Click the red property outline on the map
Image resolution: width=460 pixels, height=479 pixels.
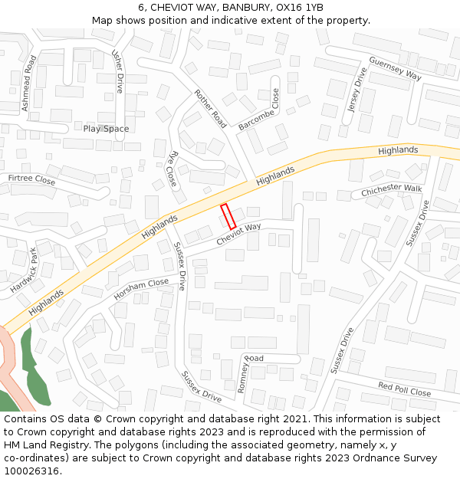228,217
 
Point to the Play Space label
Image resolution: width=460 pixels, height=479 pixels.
106,129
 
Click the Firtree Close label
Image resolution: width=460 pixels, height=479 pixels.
31,179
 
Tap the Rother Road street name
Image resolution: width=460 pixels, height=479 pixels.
210,109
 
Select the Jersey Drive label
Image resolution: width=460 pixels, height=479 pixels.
356,90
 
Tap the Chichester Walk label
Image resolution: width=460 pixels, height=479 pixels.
391,189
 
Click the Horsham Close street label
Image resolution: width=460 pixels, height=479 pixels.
141,290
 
